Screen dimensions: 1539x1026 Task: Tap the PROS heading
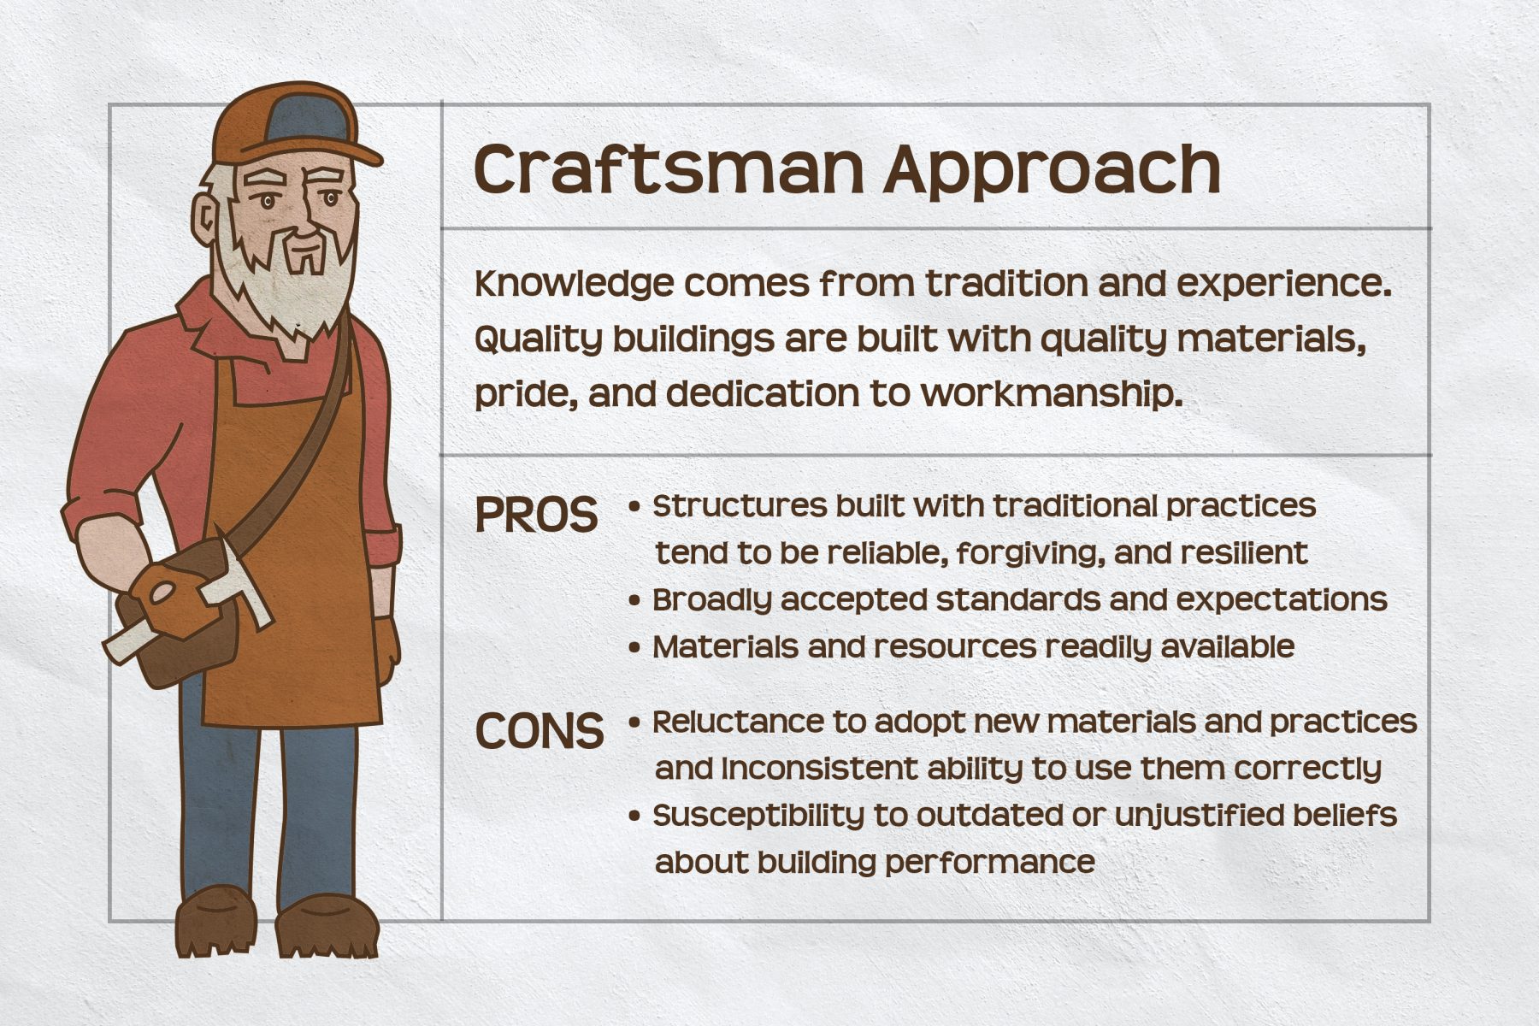(536, 515)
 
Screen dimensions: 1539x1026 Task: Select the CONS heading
(540, 731)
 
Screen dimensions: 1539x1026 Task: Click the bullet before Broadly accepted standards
(634, 600)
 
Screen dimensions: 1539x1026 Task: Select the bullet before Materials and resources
(634, 647)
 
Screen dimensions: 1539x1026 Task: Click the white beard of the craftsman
(286, 282)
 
